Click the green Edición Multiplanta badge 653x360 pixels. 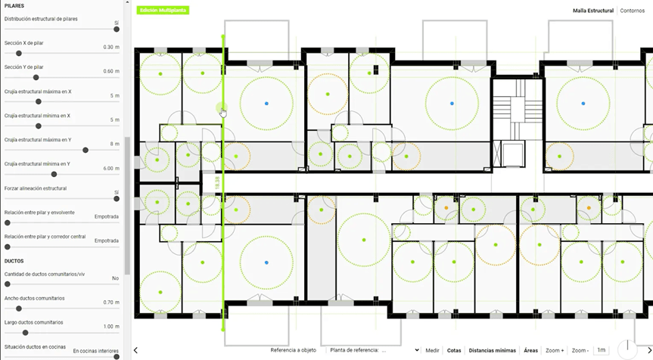[162, 11]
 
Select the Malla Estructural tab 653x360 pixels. [592, 11]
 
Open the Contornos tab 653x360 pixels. [632, 11]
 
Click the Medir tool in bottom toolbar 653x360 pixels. [432, 350]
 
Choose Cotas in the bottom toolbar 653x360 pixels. [454, 350]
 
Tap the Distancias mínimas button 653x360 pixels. [492, 350]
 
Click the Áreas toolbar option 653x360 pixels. [530, 350]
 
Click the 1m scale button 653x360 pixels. [601, 350]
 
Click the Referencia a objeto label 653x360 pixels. [293, 350]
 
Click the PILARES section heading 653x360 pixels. [14, 5]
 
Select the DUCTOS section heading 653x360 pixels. [14, 260]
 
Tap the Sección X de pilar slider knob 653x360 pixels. [19, 53]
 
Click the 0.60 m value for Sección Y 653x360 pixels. [111, 71]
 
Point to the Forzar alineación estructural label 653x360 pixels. [36, 188]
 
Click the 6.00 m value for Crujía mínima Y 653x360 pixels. [110, 168]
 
